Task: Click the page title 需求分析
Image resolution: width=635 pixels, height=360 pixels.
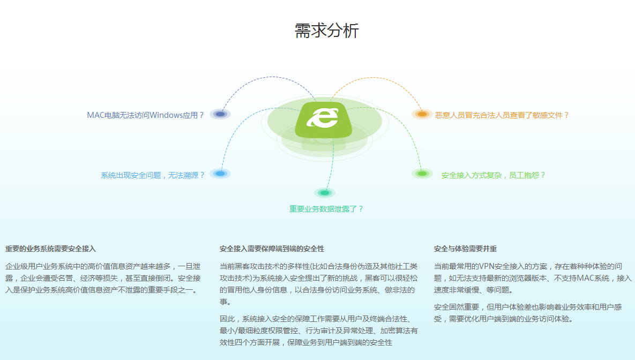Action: point(326,31)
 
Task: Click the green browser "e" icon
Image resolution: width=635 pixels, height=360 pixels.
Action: point(324,120)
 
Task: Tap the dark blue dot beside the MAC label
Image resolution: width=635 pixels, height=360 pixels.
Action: point(220,114)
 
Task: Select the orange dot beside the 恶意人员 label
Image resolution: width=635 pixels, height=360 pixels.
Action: point(422,114)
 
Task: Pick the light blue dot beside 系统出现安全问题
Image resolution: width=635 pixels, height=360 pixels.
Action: point(220,174)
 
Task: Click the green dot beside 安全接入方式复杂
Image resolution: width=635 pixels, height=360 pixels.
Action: point(422,174)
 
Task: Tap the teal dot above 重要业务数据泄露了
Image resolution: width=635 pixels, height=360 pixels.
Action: point(324,193)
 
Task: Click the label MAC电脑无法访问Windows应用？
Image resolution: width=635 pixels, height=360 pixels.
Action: point(145,115)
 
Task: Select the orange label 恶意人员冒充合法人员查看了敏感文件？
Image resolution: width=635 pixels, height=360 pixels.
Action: point(502,115)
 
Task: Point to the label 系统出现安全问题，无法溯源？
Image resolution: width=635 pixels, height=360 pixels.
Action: point(153,175)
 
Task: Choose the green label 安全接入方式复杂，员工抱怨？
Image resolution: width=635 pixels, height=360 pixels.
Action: point(493,175)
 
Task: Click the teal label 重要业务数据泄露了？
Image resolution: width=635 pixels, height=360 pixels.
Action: point(326,209)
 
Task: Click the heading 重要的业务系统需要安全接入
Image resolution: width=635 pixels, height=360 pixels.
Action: point(50,249)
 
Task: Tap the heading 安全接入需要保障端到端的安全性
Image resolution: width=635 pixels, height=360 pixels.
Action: point(272,249)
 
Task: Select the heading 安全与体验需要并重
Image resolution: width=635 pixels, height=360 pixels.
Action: point(465,249)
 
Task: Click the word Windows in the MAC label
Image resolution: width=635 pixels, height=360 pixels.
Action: point(166,115)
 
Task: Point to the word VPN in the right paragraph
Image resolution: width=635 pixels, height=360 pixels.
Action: point(487,266)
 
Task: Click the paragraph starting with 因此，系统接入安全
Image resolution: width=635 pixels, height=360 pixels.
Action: point(319,331)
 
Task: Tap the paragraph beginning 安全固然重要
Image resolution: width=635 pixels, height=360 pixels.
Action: point(528,313)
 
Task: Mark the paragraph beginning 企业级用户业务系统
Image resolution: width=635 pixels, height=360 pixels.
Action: point(103,278)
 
